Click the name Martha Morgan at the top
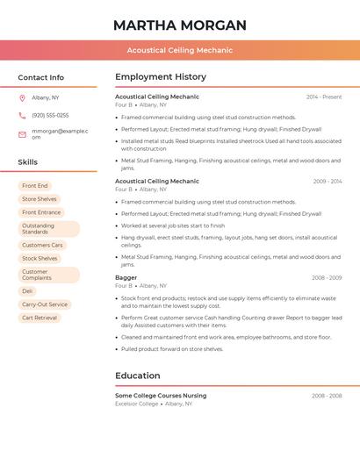click(x=180, y=25)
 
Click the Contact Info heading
click(x=40, y=77)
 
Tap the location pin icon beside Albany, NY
click(x=22, y=97)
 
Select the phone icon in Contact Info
click(x=22, y=115)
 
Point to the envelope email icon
click(x=22, y=133)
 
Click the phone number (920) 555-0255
click(x=50, y=115)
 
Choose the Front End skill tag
click(x=35, y=186)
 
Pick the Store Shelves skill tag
click(x=40, y=199)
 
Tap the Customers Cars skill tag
click(x=42, y=245)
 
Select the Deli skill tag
click(x=27, y=290)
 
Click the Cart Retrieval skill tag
click(x=40, y=318)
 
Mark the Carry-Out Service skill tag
click(x=45, y=304)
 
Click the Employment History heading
click(x=161, y=77)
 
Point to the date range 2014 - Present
click(x=324, y=97)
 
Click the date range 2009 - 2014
click(x=328, y=182)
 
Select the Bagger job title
click(x=126, y=277)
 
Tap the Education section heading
click(x=138, y=376)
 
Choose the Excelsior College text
click(x=137, y=404)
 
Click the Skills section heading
click(x=28, y=162)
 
